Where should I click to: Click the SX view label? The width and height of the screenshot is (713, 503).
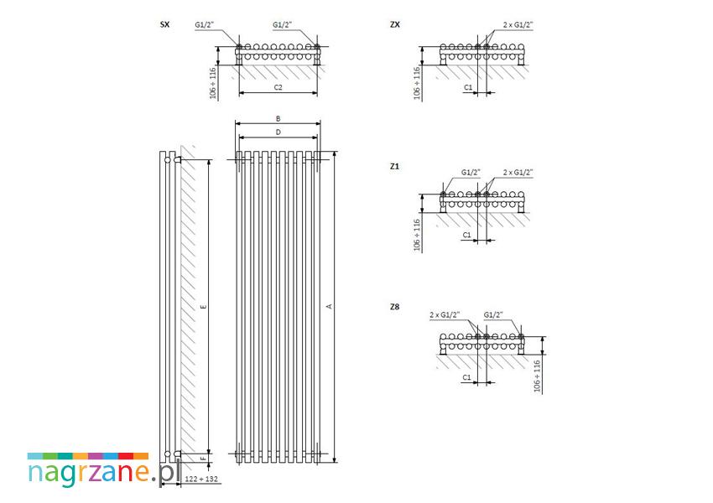(x=164, y=24)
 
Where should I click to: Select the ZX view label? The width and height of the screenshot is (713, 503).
(x=395, y=24)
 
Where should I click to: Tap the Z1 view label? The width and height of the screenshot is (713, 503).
(x=394, y=166)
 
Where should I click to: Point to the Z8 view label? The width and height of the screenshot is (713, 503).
(x=394, y=307)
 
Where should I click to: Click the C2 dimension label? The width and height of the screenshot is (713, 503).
(x=278, y=87)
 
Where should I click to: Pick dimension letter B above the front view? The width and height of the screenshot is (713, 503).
(x=278, y=118)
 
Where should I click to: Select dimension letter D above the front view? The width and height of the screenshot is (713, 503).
(x=278, y=132)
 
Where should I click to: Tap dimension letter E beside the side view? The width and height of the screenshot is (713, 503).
(x=203, y=307)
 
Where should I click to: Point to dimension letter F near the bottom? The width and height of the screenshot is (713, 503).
(x=203, y=459)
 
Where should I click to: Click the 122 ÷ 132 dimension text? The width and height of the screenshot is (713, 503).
(x=201, y=479)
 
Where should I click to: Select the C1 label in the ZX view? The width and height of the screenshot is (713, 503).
(x=468, y=87)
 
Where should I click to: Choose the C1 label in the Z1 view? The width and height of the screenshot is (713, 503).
(x=467, y=235)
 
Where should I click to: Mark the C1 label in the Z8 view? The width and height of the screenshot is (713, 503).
(x=467, y=377)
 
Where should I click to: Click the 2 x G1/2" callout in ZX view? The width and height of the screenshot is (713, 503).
(x=518, y=24)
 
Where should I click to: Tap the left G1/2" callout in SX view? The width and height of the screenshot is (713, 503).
(x=205, y=24)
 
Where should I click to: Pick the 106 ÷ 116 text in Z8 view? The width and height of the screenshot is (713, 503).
(x=537, y=376)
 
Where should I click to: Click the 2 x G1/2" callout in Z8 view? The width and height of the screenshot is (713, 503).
(x=445, y=314)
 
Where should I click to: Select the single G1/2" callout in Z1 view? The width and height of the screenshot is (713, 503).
(x=471, y=172)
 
